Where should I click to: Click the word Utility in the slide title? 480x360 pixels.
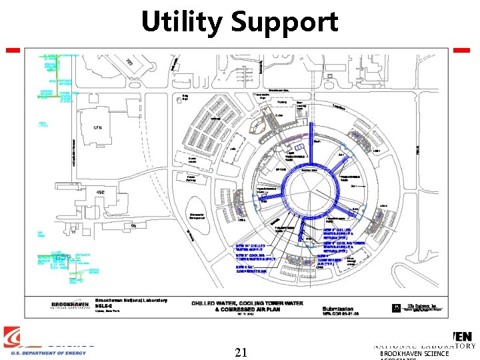181,22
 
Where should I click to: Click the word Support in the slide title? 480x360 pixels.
285,23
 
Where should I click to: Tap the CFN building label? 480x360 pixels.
97,127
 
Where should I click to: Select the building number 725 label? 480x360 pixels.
129,62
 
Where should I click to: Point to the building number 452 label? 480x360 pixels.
101,193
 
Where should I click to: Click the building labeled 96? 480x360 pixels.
133,226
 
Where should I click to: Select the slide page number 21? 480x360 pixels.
242,351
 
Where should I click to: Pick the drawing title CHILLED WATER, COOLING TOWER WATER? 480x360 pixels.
247,304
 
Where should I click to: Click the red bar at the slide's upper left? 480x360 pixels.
13,50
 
